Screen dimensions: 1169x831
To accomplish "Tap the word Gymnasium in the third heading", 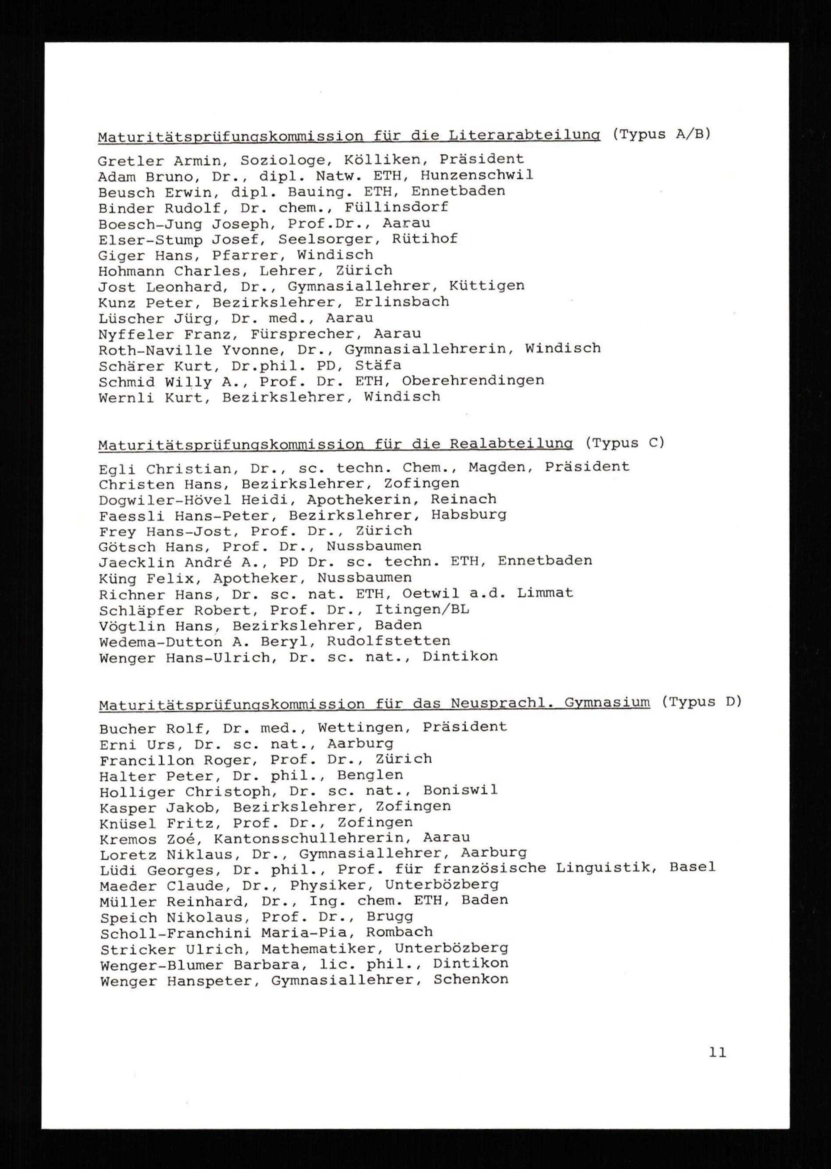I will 607,703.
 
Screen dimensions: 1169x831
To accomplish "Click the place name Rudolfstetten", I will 388,641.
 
